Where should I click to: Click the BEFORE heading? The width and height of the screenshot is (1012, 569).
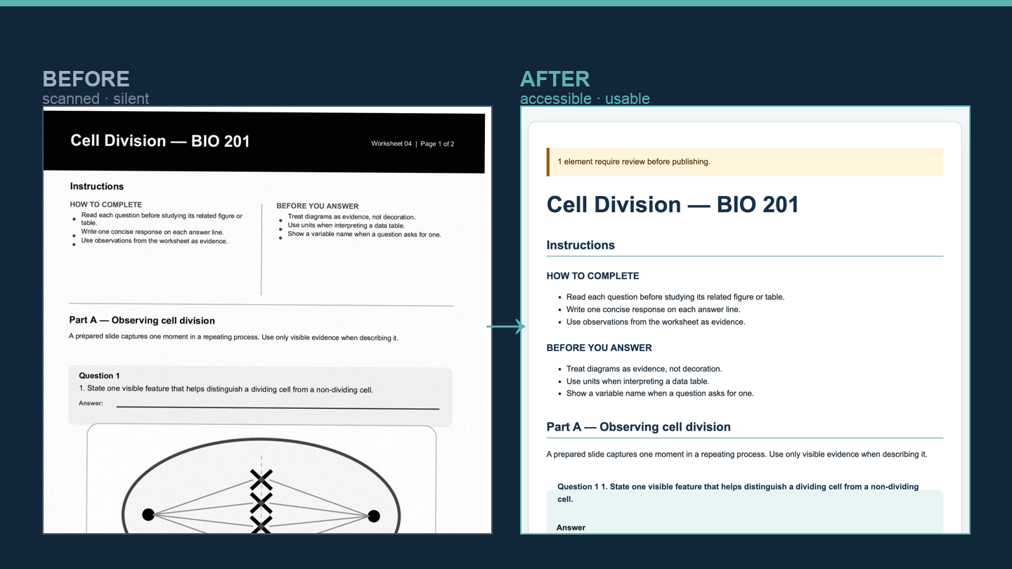(x=86, y=79)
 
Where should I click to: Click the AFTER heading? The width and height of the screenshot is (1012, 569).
(x=554, y=79)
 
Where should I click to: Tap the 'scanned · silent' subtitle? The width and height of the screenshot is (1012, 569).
(x=96, y=98)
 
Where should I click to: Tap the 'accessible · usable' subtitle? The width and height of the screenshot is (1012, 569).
(x=585, y=98)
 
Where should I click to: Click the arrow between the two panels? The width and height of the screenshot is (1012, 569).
(x=506, y=327)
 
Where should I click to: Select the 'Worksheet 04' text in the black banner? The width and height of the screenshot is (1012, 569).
(x=391, y=143)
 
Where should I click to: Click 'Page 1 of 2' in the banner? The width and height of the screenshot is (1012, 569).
(x=437, y=143)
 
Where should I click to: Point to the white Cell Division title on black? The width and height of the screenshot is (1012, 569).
(x=160, y=141)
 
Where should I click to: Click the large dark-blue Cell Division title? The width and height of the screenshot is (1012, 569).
(x=673, y=204)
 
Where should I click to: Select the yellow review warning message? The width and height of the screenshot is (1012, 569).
(x=634, y=162)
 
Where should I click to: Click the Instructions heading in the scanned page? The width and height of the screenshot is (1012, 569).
(x=97, y=186)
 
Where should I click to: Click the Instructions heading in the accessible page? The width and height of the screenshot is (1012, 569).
(x=580, y=245)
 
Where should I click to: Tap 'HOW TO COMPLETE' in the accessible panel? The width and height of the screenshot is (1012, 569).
(x=592, y=276)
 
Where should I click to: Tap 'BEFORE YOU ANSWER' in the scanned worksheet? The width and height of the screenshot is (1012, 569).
(x=318, y=206)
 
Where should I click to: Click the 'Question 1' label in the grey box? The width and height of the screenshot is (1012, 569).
(x=99, y=375)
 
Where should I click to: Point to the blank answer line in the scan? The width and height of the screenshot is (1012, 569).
(x=278, y=407)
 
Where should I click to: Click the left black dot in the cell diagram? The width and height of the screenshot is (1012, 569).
(x=148, y=514)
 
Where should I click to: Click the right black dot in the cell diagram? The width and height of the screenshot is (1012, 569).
(x=374, y=516)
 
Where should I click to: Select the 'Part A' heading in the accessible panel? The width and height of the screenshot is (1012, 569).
(x=638, y=427)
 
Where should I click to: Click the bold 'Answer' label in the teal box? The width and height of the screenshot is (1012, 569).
(x=571, y=528)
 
